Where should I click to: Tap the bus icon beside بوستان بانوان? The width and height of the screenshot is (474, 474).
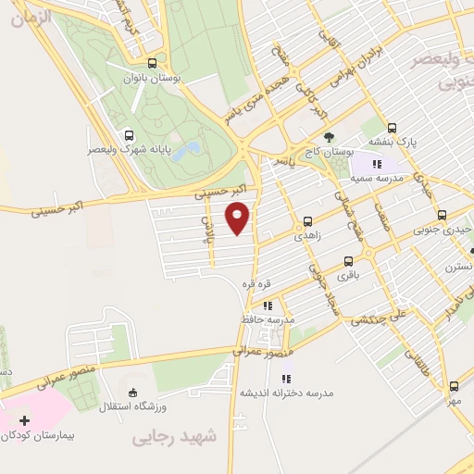click(153, 64)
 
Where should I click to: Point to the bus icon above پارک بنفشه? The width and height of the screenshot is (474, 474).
click(392, 128)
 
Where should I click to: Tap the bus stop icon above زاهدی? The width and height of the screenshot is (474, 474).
click(307, 221)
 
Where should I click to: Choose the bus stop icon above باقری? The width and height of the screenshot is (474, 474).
click(348, 261)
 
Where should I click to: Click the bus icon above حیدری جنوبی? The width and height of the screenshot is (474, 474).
click(441, 215)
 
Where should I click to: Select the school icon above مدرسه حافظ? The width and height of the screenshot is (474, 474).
click(267, 305)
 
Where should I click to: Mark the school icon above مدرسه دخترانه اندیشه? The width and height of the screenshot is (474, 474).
click(286, 378)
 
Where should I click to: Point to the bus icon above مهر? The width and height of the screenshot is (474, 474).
click(453, 386)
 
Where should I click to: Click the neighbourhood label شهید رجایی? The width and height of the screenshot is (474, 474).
click(173, 435)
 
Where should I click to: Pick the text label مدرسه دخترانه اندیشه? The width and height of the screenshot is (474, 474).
click(286, 393)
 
